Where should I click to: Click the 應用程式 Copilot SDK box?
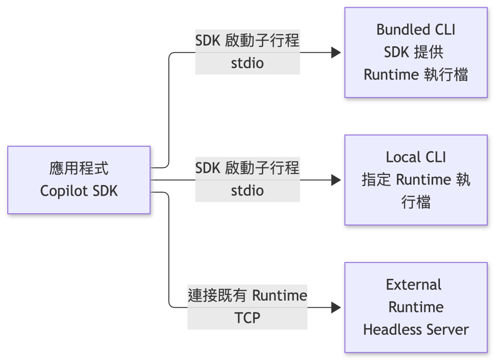point(79,180)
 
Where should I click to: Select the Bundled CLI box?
point(416,52)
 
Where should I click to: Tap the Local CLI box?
point(416,180)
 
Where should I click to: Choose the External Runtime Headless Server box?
point(416,307)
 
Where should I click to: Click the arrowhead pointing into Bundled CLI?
point(336,52)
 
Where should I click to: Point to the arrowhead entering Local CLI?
point(336,180)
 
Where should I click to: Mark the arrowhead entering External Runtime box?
point(336,307)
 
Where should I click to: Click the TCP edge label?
point(247,318)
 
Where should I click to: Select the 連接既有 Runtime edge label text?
point(247,295)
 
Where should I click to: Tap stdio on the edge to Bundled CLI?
point(247,63)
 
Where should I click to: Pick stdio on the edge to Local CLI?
point(247,190)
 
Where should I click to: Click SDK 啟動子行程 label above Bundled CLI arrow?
point(247,41)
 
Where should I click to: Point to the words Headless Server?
point(416,330)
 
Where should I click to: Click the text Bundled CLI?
point(416,29)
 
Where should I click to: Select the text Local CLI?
point(416,157)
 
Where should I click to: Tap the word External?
point(414,285)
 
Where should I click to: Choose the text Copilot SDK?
point(79,191)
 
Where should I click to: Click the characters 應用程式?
point(79,168)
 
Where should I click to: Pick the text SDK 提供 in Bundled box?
point(414,52)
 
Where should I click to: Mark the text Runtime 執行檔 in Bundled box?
point(416,75)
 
